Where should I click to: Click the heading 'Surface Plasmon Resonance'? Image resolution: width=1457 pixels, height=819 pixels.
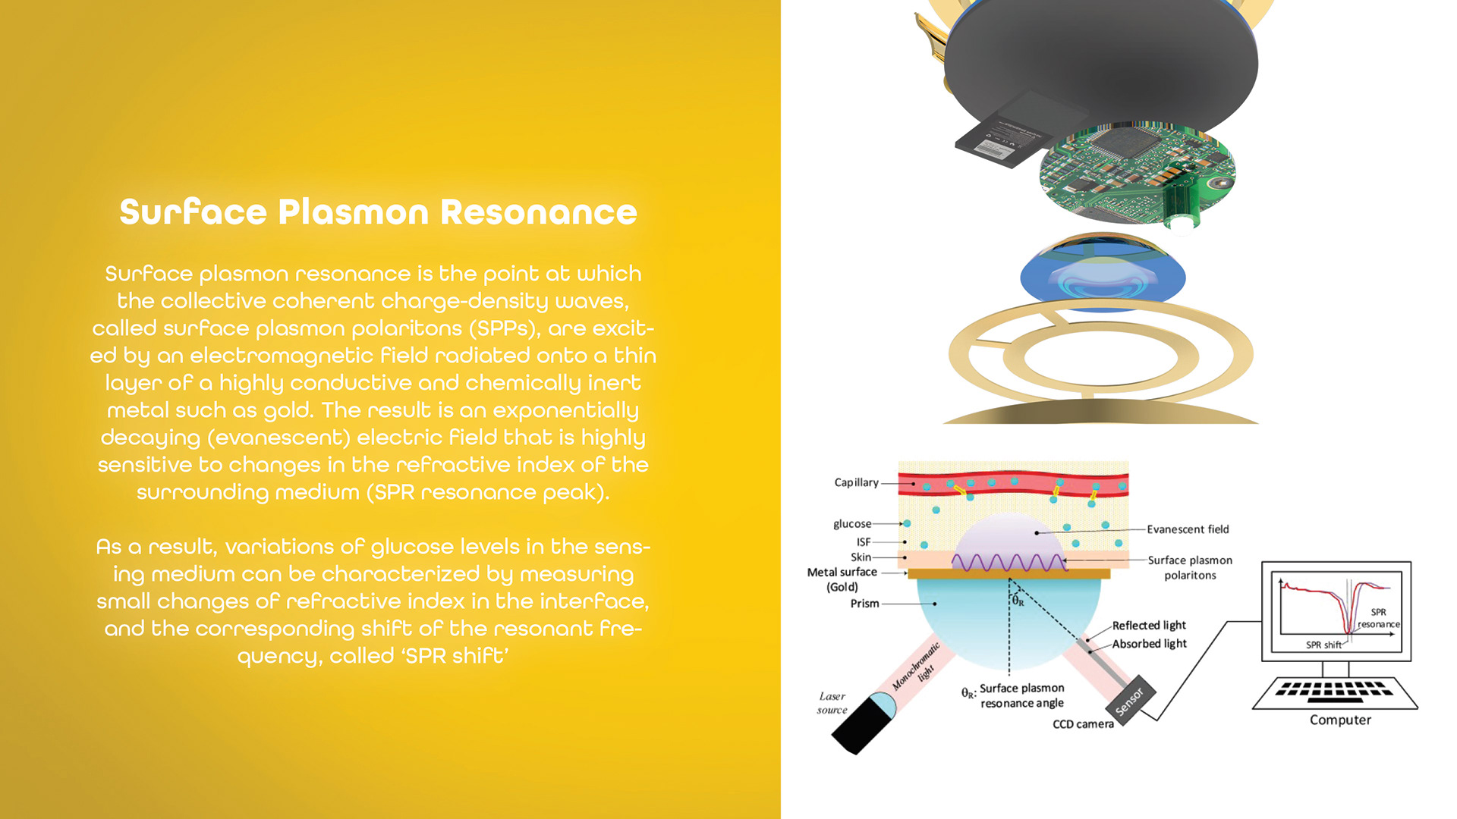pos(378,212)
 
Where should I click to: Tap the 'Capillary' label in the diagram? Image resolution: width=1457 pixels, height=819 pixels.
pos(856,482)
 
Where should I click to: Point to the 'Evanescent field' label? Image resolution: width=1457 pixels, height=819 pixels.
pos(1188,529)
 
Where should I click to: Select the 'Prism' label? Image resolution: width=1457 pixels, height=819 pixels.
pos(864,604)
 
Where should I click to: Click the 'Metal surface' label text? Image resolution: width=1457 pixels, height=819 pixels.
pos(842,573)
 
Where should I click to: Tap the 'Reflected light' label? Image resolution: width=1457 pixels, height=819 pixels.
pos(1149,626)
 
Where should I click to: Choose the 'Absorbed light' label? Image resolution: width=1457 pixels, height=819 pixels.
pos(1149,644)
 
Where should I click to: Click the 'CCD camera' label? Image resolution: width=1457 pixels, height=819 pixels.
pos(1083,724)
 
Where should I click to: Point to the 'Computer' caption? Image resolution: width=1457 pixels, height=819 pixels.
pos(1340,720)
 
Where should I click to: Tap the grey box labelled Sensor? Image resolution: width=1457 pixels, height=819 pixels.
pos(1131,701)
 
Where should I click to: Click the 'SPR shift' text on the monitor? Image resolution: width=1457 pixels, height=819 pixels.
pos(1323,645)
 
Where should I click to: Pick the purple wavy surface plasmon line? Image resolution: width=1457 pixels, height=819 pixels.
pos(1009,563)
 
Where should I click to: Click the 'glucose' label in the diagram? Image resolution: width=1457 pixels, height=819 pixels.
pos(852,524)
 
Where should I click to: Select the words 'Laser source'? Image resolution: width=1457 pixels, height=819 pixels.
pos(832,703)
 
